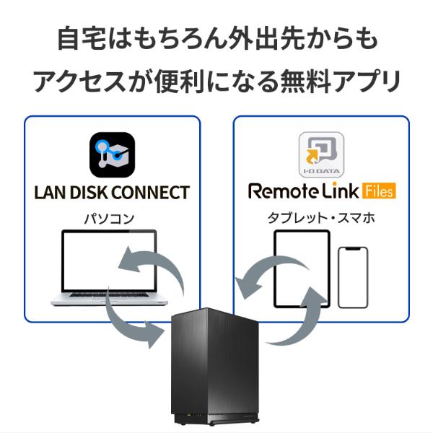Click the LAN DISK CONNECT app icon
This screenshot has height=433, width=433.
pos(113,154)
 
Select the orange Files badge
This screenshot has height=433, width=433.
pos(377,192)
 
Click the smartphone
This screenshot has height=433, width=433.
pos(353,277)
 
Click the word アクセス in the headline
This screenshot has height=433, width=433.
pos(76,82)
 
